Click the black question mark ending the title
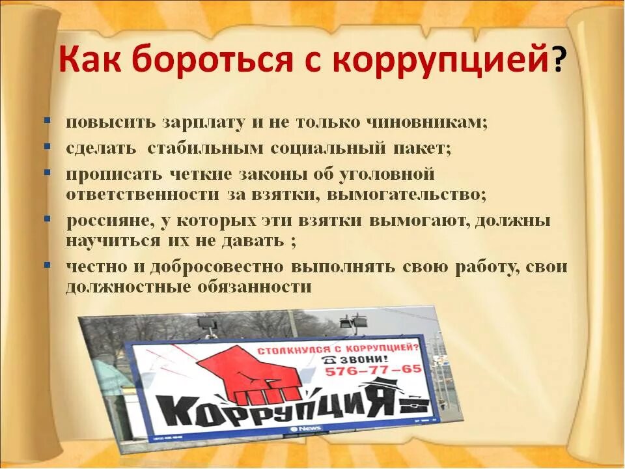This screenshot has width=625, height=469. [558, 63]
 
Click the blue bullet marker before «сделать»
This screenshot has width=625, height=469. [48, 147]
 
